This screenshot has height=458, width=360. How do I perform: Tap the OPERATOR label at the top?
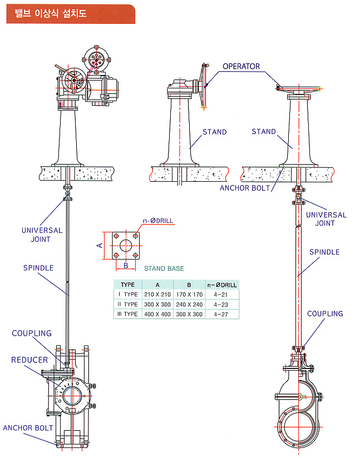click(241, 67)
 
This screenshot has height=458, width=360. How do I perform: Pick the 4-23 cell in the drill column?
click(221, 304)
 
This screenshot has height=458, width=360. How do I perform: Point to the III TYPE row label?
click(127, 314)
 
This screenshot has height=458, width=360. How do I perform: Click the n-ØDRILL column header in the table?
click(221, 285)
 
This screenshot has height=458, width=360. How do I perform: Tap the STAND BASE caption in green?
click(164, 268)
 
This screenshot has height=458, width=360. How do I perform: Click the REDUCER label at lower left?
click(29, 360)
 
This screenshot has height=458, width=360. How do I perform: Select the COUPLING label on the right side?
click(325, 313)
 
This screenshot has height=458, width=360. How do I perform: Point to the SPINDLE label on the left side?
click(38, 268)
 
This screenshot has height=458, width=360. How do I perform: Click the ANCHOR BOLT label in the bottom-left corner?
click(28, 428)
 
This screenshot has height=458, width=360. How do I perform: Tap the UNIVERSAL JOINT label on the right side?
click(326, 219)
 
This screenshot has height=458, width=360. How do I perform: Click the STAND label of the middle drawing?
click(214, 132)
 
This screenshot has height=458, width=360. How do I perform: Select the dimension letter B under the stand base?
click(126, 266)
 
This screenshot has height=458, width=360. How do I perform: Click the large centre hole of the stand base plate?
click(126, 245)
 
